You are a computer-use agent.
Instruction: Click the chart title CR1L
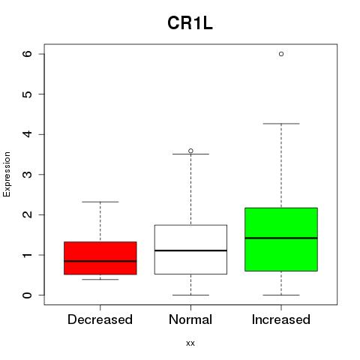pos(190,23)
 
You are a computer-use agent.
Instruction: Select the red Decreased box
pos(100,258)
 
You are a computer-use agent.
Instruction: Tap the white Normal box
pos(190,250)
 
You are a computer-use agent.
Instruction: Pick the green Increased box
pos(281,239)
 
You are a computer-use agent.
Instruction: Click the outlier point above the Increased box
pos(281,54)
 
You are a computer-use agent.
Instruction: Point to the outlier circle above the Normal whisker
pos(190,151)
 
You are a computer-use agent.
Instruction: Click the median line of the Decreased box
pos(100,261)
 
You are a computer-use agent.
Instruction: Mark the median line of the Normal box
pos(190,250)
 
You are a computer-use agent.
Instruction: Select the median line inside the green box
pos(281,238)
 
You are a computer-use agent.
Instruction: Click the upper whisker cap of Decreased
pos(100,202)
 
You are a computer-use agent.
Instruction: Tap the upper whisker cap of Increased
pos(281,124)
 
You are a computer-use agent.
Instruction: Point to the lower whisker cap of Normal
pos(190,295)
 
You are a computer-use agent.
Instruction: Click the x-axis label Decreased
pos(100,319)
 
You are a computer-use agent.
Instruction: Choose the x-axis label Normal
pos(190,319)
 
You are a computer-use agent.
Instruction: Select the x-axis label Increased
pos(281,319)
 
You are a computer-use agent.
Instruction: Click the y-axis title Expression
pos(7,174)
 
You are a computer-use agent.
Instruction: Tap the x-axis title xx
pos(190,343)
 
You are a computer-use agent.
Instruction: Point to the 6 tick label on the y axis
pos(28,54)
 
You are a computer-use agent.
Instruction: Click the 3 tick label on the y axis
pos(28,174)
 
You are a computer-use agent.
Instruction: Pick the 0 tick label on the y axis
pos(28,295)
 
